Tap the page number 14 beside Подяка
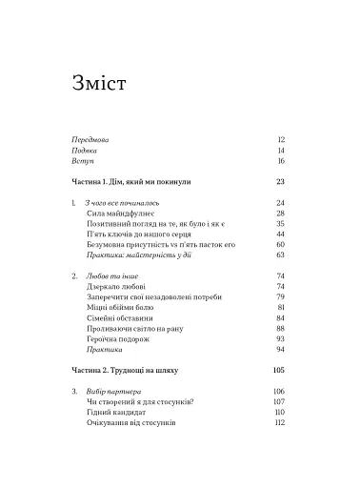[281, 151]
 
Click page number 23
[281, 181]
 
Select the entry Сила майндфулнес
[119, 214]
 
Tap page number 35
[281, 223]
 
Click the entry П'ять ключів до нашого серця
[138, 234]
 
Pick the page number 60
[281, 244]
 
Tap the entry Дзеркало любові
[117, 286]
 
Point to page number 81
[281, 307]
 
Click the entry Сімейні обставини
[117, 317]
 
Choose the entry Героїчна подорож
[118, 338]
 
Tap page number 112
[281, 422]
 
